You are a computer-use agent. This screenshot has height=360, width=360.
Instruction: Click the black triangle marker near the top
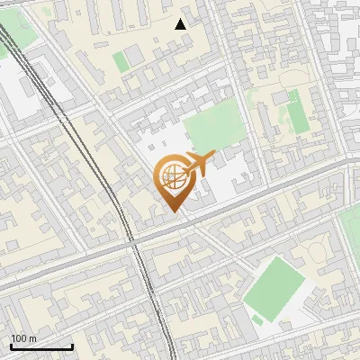pos(181,24)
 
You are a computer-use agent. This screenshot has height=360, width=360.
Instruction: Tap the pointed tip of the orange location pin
pos(171,210)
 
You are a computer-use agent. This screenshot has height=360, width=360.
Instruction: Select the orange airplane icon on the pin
pos(198,164)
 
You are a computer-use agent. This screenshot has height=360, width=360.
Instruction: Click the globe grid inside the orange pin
pos(171,175)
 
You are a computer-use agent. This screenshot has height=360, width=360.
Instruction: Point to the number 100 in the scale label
pos(19,338)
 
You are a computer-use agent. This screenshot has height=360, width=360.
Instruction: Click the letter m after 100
pos(31,338)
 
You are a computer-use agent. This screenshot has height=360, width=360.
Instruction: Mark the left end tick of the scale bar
pos(11,346)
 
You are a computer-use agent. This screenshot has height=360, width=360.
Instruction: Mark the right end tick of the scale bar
pos(72,346)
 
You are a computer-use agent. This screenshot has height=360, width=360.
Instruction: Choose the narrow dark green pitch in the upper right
pos(296,115)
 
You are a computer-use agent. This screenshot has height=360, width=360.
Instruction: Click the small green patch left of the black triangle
pos(121,61)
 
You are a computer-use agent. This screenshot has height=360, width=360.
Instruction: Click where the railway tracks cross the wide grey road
pos(132,241)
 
